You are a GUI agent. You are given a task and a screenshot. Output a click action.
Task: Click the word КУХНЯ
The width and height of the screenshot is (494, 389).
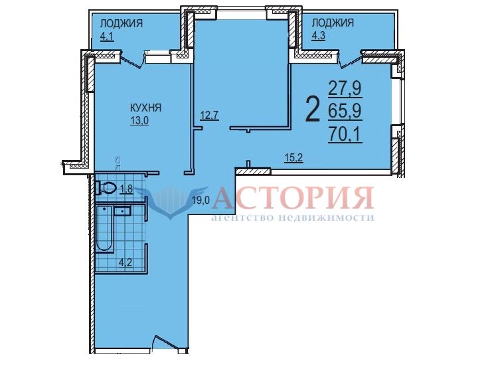(x=145, y=108)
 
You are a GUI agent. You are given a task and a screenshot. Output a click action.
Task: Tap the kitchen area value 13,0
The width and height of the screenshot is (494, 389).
(x=139, y=120)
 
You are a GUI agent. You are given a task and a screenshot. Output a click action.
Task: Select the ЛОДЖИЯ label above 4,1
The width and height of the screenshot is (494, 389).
(x=122, y=23)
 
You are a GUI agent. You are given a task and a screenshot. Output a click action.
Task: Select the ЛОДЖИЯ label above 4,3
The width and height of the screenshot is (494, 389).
(x=333, y=23)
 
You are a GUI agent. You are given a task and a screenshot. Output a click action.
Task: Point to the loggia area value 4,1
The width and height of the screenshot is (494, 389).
(x=106, y=37)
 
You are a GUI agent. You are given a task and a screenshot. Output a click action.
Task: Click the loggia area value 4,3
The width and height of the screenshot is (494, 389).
(x=318, y=36)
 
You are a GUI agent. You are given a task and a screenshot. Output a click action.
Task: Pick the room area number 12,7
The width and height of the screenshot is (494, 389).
(x=210, y=116)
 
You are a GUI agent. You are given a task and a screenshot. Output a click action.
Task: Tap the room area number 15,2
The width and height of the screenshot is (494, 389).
(x=293, y=158)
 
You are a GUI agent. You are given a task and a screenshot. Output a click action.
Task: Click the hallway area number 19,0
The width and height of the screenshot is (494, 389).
(x=201, y=200)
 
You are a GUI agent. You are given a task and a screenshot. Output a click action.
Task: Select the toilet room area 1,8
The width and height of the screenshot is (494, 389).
(x=127, y=189)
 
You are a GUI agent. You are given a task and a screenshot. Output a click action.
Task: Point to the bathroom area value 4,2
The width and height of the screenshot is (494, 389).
(x=125, y=262)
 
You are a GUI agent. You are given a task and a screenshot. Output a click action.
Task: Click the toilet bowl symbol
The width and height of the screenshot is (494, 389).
(x=106, y=188)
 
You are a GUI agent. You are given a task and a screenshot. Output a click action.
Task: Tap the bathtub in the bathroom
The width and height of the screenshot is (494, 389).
(x=104, y=228)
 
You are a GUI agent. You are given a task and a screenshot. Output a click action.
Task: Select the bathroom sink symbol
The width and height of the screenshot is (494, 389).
(x=122, y=210)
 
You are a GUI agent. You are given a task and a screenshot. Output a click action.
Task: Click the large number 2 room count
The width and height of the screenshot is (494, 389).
(x=313, y=110)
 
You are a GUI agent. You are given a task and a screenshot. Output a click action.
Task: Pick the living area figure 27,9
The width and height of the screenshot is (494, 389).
(x=345, y=88)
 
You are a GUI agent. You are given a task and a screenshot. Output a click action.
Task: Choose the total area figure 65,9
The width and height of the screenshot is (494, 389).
(x=345, y=111)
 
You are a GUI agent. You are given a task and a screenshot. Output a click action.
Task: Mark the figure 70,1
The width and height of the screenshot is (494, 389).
(x=345, y=134)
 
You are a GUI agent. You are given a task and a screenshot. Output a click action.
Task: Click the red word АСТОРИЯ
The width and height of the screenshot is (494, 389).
(x=293, y=198)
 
